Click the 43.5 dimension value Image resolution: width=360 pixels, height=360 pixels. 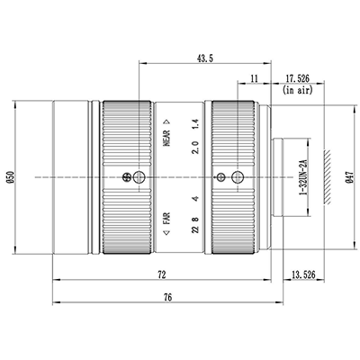[x=205, y=58]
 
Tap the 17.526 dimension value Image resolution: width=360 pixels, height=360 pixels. [x=297, y=79]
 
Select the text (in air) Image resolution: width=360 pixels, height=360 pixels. [x=298, y=90]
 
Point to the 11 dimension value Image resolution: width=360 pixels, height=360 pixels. [x=254, y=79]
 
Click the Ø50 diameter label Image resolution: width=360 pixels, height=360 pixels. [x=11, y=177]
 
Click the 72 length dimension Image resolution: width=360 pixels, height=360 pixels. [x=162, y=274]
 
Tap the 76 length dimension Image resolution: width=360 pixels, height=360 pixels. [x=168, y=297]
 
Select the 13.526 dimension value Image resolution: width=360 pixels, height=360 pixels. [x=303, y=274]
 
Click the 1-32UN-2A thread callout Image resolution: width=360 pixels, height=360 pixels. [x=304, y=177]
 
